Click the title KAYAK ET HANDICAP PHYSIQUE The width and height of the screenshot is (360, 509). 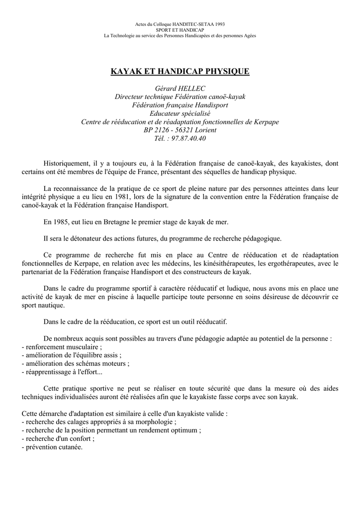pyautogui.click(x=180, y=72)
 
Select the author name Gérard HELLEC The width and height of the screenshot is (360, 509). pyautogui.click(x=180, y=88)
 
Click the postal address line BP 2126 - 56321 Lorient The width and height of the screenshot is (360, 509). pyautogui.click(x=180, y=130)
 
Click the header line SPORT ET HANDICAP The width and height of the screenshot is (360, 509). pyautogui.click(x=180, y=30)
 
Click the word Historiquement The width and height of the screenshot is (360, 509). pyautogui.click(x=67, y=163)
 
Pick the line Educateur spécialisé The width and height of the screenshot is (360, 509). pyautogui.click(x=180, y=113)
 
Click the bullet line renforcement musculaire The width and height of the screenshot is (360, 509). pyautogui.click(x=62, y=346)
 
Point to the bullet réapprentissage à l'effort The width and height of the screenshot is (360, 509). pyautogui.click(x=63, y=372)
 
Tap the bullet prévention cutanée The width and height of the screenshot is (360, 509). pyautogui.click(x=53, y=447)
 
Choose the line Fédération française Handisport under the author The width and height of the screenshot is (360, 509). pyautogui.click(x=180, y=105)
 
